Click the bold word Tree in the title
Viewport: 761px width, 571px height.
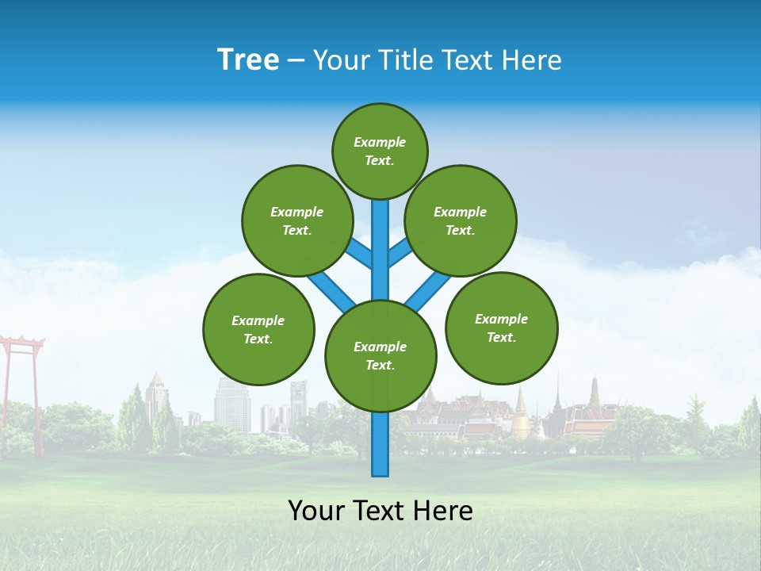tap(248, 60)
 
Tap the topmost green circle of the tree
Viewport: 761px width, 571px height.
tap(380, 151)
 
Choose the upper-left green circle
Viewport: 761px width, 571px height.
tap(296, 220)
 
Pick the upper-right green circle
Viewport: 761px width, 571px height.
tap(461, 220)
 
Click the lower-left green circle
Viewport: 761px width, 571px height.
tap(258, 329)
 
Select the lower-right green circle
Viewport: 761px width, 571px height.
tap(501, 328)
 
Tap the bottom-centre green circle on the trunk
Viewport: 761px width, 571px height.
tap(380, 355)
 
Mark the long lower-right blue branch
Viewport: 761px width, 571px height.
tap(429, 289)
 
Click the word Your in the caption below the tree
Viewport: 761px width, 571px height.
tap(316, 511)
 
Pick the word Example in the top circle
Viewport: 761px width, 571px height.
tap(380, 142)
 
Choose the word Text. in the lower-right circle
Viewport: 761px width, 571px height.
tap(501, 337)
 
